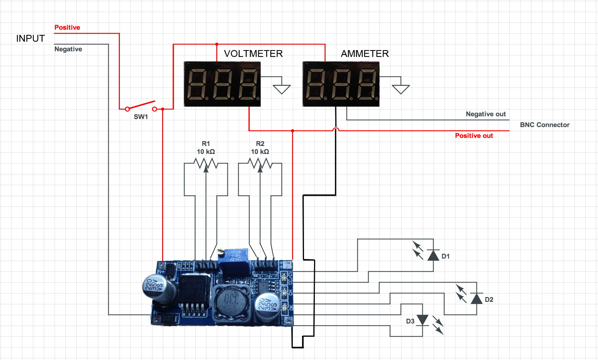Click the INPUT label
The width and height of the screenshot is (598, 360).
pos(30,38)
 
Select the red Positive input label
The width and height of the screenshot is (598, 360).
pos(67,27)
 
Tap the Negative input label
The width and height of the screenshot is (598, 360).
pos(68,49)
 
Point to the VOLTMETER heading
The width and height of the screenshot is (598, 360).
pos(253,54)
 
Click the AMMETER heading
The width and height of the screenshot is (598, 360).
pos(365,54)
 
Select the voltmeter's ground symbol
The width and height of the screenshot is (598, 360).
pos(282,89)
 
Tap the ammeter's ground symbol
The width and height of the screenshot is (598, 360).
pos(400,89)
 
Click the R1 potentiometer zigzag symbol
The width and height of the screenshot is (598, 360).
pos(206,164)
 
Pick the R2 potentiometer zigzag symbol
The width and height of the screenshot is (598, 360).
pos(260,164)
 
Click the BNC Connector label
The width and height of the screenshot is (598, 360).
pos(544,125)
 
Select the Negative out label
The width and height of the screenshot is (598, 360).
pos(485,114)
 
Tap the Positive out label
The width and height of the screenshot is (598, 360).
pos(474,136)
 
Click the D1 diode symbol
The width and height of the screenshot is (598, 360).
pos(433,255)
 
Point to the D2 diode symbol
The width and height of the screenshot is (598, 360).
pos(476,299)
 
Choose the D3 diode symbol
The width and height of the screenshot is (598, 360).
pos(422,320)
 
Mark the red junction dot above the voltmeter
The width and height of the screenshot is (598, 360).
pos(217,44)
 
